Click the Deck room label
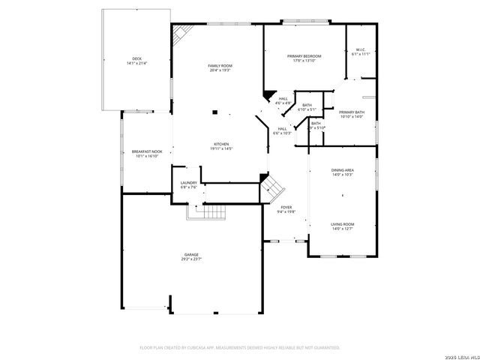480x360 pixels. coord(136,58)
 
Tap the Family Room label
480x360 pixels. coord(220,66)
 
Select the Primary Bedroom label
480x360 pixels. coord(304,56)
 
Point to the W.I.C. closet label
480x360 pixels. coord(361,49)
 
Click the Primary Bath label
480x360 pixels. coord(351,112)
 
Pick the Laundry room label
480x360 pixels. coord(189,182)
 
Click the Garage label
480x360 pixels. coord(192,254)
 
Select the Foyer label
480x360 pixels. coord(286,207)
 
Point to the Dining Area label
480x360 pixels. coord(343,170)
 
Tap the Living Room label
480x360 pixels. coord(343,223)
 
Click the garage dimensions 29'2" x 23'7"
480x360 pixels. coord(192,259)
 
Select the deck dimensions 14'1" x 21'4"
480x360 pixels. coord(136,63)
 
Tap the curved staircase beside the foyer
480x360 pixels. coord(271,187)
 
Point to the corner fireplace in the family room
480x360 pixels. coord(182,34)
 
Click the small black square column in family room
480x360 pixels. coord(215,112)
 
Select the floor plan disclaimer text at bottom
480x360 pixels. coord(240,347)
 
